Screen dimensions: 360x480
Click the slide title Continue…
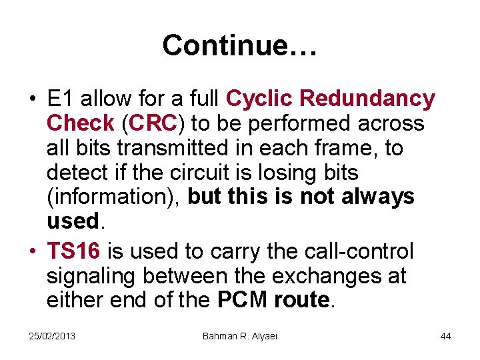pyautogui.click(x=239, y=45)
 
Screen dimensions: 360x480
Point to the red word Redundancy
pyautogui.click(x=367, y=99)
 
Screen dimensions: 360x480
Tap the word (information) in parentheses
pyautogui.click(x=114, y=197)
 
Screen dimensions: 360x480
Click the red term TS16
pyautogui.click(x=73, y=251)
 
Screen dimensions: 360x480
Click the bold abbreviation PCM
pyautogui.click(x=243, y=301)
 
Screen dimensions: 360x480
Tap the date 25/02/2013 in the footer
pyautogui.click(x=52, y=336)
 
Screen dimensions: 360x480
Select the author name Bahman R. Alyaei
pyautogui.click(x=239, y=336)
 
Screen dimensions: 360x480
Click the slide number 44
pyautogui.click(x=445, y=336)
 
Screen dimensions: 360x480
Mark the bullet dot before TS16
pyautogui.click(x=33, y=251)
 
